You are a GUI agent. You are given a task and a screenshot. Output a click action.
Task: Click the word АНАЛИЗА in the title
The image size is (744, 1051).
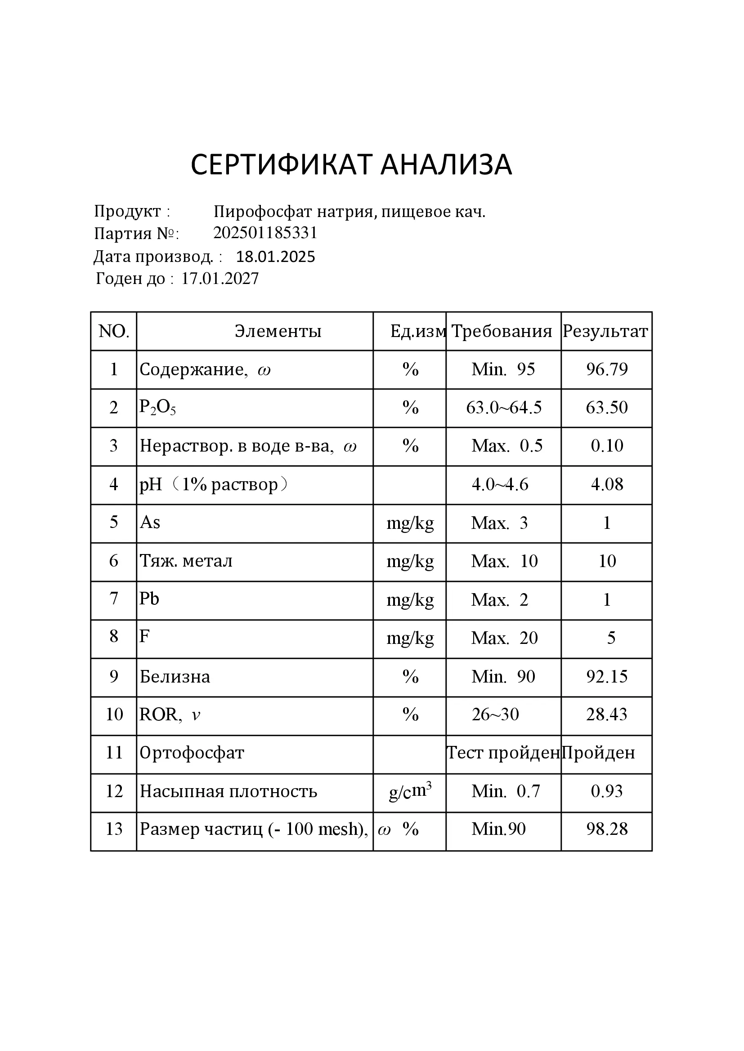[446, 165]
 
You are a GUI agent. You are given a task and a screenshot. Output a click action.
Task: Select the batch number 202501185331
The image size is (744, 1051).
[265, 233]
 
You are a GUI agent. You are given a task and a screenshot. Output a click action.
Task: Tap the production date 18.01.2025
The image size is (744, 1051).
[275, 257]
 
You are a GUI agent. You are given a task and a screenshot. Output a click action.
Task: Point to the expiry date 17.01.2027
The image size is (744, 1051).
[220, 279]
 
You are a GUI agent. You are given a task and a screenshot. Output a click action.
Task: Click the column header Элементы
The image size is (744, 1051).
[278, 332]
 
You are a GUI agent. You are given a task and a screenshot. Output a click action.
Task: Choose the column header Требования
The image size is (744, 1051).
[502, 332]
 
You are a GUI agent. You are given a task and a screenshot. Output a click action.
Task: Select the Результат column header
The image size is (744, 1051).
[605, 332]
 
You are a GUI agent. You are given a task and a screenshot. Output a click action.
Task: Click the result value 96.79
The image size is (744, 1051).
[606, 369]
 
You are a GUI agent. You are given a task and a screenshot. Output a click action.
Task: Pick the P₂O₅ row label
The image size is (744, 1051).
[157, 408]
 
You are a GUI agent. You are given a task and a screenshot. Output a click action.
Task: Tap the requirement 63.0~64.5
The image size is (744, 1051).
[503, 408]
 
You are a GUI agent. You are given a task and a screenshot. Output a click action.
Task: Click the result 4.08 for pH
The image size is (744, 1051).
[606, 484]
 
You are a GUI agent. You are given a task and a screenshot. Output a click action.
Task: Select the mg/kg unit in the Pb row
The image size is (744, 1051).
[410, 600]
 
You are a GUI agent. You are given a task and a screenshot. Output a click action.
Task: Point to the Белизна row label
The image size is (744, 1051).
[175, 677]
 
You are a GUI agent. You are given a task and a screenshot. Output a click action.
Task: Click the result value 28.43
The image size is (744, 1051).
[606, 714]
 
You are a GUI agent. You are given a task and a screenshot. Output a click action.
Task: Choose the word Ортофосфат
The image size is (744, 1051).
[192, 753]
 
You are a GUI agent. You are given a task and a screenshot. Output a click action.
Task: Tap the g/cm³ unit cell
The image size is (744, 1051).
[410, 791]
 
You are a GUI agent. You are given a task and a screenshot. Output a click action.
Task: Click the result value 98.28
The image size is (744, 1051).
[606, 829]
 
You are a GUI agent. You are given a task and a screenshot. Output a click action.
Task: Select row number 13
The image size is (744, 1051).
[114, 829]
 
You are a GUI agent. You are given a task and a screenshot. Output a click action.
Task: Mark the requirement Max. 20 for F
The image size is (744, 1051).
[504, 638]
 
